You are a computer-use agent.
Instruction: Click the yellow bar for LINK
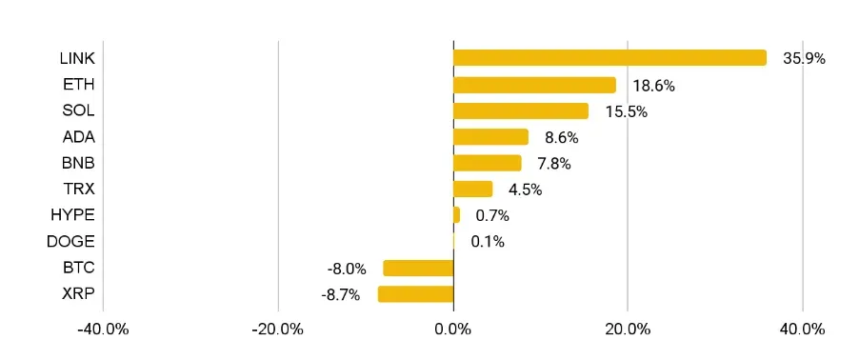pos(609,58)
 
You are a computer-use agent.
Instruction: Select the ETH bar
pos(534,85)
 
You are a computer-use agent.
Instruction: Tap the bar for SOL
pos(521,110)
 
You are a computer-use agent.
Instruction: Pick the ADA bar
pos(490,137)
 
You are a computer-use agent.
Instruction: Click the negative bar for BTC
pos(418,268)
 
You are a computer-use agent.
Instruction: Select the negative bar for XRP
pos(415,294)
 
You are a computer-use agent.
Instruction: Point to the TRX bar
pos(472,189)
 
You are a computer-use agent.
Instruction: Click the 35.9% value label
pos(804,58)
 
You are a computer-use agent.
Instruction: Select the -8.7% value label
pos(341,295)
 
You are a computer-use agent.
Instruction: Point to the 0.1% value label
pos(488,242)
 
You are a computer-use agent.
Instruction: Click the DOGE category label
pos(70,242)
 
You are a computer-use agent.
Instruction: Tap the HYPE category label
pos(72,215)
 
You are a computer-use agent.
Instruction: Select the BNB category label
pos(77,163)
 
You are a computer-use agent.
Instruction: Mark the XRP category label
pos(77,293)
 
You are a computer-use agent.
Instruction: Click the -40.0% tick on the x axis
pos(103,330)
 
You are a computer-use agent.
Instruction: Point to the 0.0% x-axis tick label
pos(453,330)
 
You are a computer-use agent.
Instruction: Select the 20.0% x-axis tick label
pos(628,330)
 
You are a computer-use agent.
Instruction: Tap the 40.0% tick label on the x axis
pos(803,330)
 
